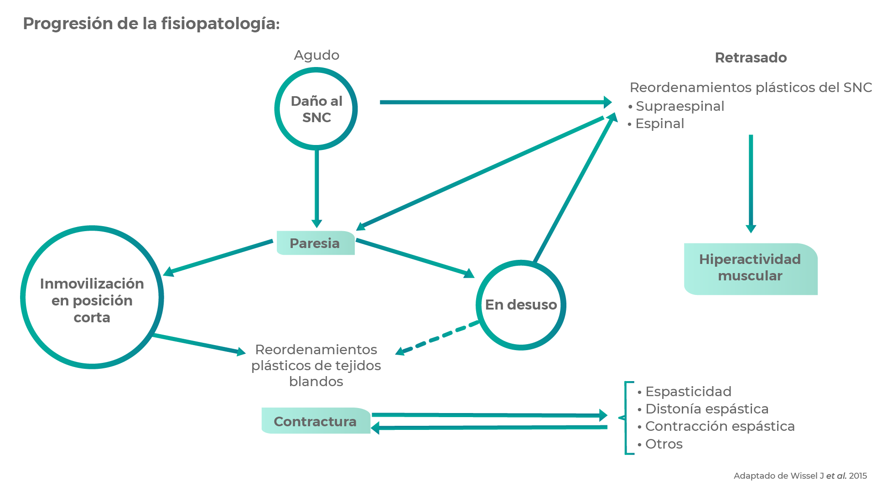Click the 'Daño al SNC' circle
pos(316,109)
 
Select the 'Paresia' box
pos(315,243)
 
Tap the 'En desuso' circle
pos(521,305)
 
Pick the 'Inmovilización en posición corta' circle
pos(92,298)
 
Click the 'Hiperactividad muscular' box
pos(750,268)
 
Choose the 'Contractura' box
pos(315,421)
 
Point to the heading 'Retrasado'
pos(751,58)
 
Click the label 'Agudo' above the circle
pos(316,55)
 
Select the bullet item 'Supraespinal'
pos(679,106)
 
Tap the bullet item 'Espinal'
pos(659,124)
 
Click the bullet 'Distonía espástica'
pos(706,409)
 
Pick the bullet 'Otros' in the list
pos(664,444)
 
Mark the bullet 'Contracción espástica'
pos(719,426)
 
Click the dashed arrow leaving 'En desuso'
pos(438,338)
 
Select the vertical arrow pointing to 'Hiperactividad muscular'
pos(751,182)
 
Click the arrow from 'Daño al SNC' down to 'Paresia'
pos(316,187)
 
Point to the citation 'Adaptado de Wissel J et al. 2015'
pos(800,476)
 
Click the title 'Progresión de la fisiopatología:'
pos(151,24)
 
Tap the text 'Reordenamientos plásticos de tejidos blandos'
pos(316,365)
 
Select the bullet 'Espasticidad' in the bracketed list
pos(688,392)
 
